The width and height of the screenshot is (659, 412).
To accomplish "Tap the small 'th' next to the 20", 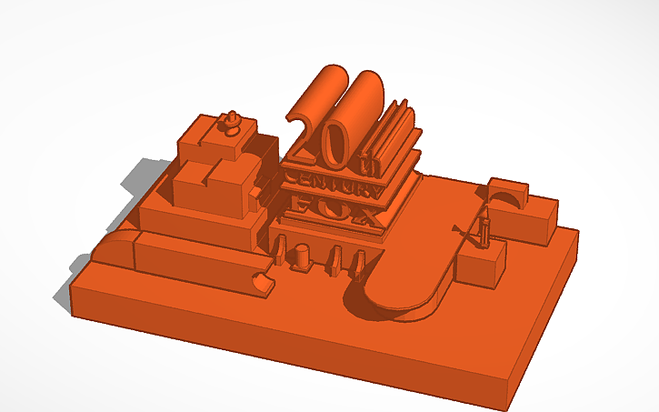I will pyautogui.click(x=367, y=165).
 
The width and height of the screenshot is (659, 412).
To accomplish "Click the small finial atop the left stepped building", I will pyautogui.click(x=231, y=120).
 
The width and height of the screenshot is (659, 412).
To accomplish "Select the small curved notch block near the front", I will pyautogui.click(x=263, y=282).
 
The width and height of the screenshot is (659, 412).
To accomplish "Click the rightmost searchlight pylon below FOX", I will pyautogui.click(x=360, y=259).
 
